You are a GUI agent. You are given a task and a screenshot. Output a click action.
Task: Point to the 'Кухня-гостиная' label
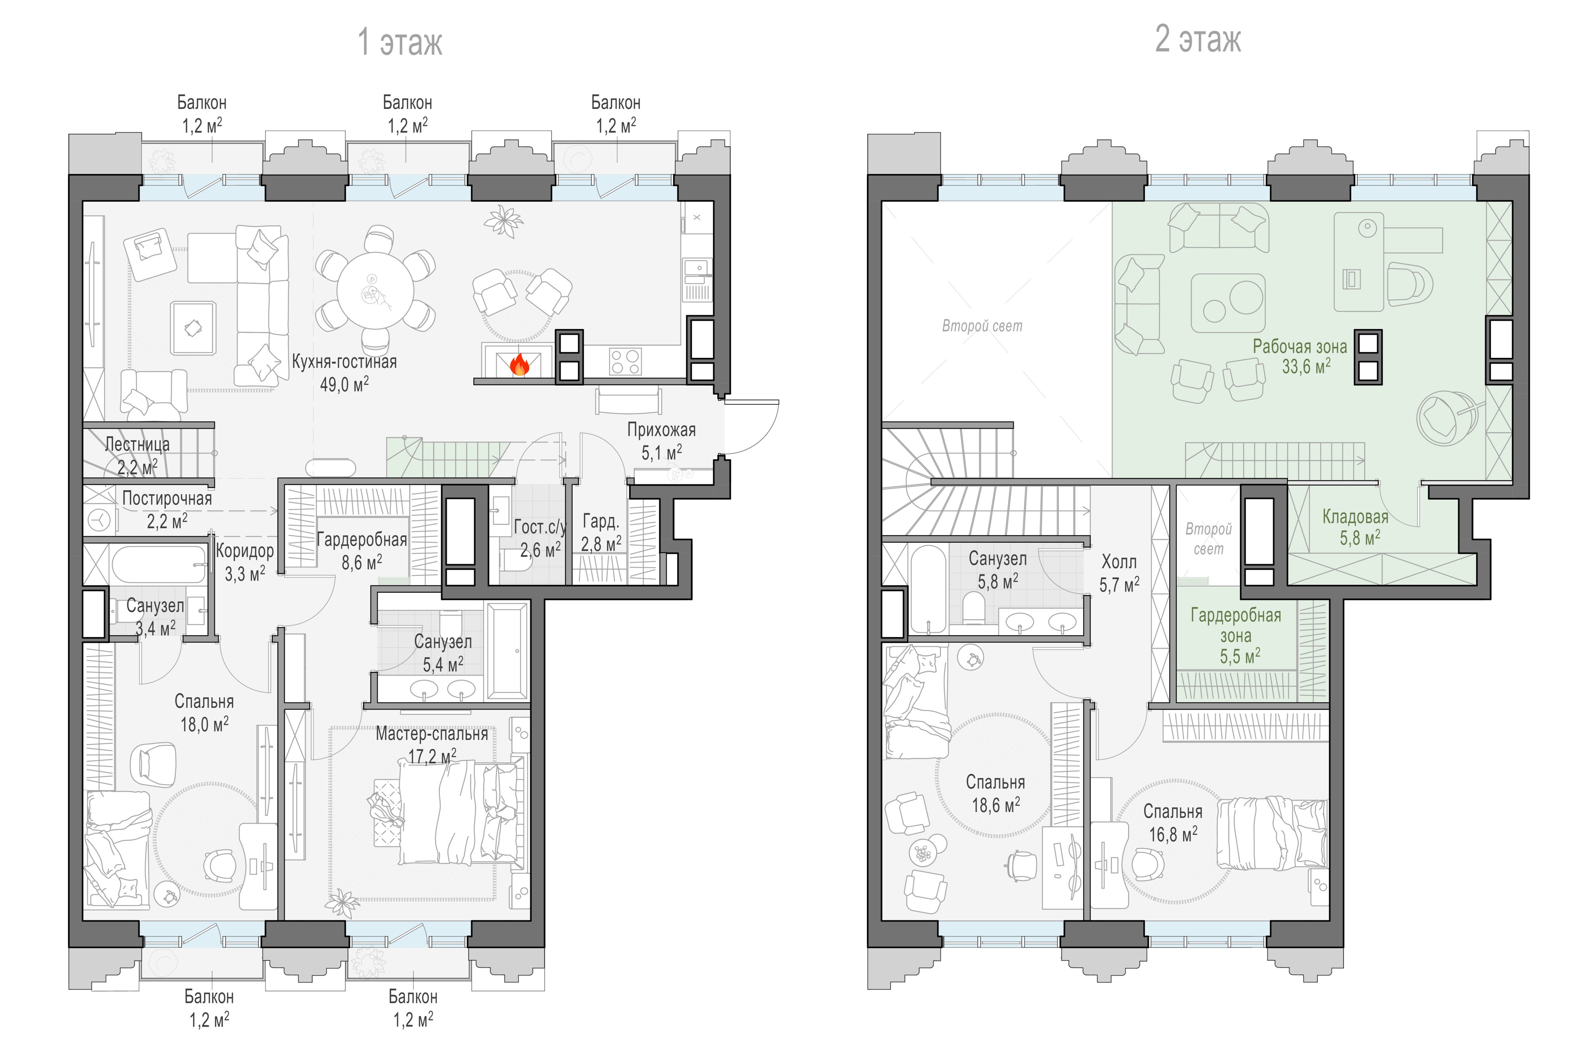coord(344,362)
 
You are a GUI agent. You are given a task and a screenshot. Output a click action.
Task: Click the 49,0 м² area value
coord(344,385)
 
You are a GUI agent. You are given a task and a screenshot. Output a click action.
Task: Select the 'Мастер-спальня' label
coord(432,734)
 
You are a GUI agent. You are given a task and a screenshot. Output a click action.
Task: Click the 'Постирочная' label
coord(167,499)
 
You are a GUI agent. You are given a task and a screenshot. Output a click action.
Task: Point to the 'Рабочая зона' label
coord(1300,347)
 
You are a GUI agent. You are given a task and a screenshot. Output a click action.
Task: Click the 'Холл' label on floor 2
coord(1119,562)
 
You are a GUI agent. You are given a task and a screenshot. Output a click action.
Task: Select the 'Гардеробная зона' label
coord(1236,626)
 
